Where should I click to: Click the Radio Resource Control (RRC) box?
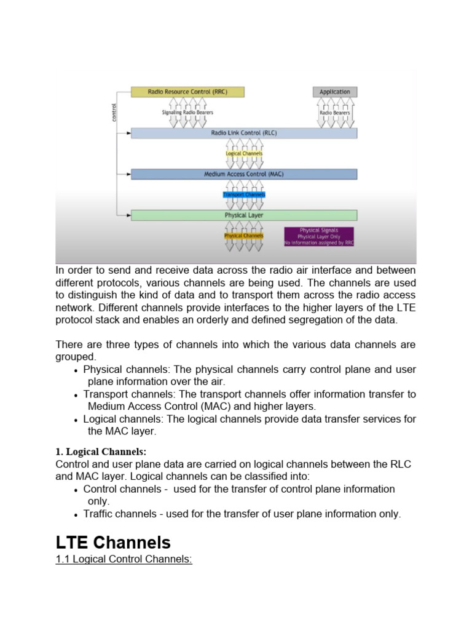pos(187,92)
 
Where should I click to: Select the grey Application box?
pos(334,92)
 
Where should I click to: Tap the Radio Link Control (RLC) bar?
pos(243,132)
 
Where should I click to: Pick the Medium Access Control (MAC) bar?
pos(243,174)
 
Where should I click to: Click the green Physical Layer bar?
pos(243,215)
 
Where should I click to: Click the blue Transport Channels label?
pos(244,194)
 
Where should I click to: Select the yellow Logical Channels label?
pos(244,153)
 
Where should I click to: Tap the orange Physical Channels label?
pos(244,236)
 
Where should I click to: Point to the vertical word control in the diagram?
pos(114,112)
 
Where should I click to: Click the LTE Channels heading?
pos(113,542)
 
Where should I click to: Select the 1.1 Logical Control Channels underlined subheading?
pos(124,561)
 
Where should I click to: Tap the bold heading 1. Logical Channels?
pos(101,452)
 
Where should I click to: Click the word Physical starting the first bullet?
pos(103,369)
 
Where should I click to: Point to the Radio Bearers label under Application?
pos(334,113)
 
